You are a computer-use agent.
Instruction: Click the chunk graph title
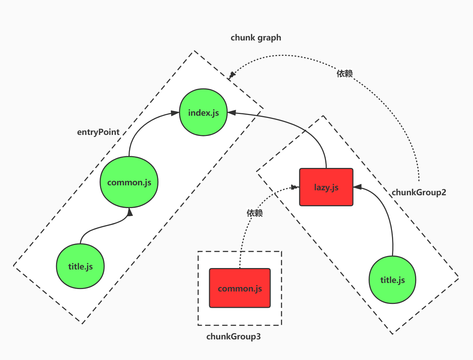256,38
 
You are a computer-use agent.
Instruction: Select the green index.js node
203,113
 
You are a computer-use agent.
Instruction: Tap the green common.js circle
129,182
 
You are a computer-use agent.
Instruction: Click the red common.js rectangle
240,288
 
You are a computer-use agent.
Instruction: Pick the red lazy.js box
326,187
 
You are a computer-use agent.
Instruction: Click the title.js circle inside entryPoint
80,266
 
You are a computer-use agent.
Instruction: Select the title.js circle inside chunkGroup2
392,280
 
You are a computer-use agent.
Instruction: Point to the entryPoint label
98,132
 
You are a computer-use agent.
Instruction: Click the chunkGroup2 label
419,192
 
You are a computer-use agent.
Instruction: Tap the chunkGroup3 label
233,337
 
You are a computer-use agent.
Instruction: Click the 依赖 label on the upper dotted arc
344,73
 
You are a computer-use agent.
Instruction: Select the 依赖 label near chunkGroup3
255,213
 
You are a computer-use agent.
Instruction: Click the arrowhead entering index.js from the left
175,113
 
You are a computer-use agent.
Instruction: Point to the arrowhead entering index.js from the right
232,113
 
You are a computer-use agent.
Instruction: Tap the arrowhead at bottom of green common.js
130,212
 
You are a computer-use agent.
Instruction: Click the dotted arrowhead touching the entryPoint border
232,75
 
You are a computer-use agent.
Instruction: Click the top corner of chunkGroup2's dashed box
323,116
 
